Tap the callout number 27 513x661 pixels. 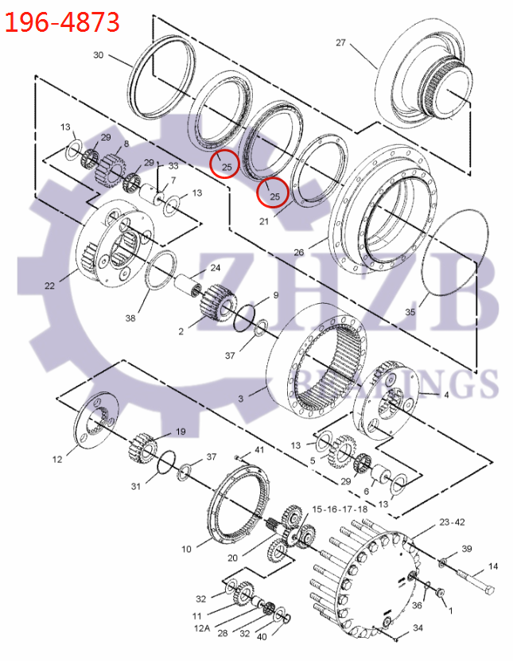point(341,43)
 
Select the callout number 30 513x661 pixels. point(99,55)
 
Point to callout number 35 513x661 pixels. point(410,313)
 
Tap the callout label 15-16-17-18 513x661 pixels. point(340,508)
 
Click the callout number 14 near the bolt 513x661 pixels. point(493,566)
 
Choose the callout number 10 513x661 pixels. point(186,549)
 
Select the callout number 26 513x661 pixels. point(299,253)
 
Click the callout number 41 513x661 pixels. point(259,451)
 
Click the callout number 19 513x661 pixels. point(181,431)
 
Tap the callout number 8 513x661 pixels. point(126,144)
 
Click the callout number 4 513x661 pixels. point(445,395)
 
